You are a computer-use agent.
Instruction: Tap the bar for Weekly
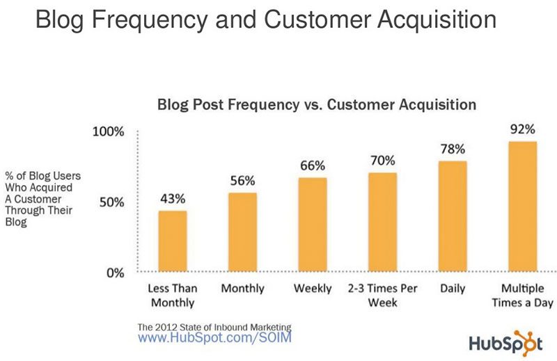tap(312, 224)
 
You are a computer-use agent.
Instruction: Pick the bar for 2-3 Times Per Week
tap(382, 221)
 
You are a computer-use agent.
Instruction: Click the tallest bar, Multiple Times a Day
tap(522, 206)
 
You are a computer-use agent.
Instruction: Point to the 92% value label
tap(522, 129)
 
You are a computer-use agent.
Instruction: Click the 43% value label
tap(172, 198)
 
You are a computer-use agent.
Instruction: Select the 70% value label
tap(382, 160)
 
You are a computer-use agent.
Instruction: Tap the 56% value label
tap(242, 180)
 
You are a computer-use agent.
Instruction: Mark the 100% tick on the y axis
tap(108, 132)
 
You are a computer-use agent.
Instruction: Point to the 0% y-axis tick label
tap(115, 273)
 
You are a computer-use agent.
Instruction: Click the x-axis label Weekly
tap(312, 289)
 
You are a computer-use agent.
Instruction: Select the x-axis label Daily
tap(453, 289)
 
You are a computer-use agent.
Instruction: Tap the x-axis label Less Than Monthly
tap(172, 295)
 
